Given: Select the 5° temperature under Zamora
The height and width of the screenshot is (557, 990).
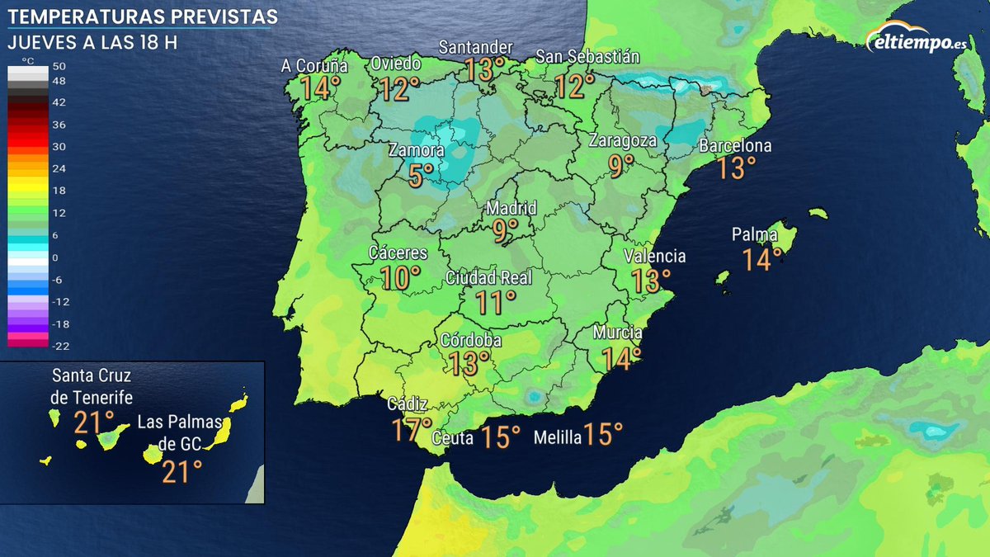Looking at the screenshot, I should click(421, 175).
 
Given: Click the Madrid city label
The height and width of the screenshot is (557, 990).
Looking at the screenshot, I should click(511, 208).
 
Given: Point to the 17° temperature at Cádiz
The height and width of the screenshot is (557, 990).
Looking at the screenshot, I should click(412, 430).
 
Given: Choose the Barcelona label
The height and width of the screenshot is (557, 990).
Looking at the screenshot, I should click(735, 147).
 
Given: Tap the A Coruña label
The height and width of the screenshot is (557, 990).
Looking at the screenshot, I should click(314, 67).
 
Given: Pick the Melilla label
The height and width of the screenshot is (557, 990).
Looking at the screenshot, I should click(558, 437).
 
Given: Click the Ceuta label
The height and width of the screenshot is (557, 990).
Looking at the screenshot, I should click(452, 438).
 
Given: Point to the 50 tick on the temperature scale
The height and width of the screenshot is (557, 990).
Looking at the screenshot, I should click(59, 66).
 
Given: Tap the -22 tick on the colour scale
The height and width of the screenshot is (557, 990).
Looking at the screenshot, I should click(60, 345).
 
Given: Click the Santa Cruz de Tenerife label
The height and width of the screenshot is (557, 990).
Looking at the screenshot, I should click(92, 386).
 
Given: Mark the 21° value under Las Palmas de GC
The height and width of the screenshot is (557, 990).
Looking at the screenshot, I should click(181, 473).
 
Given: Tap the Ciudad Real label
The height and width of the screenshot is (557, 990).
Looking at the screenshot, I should click(489, 278).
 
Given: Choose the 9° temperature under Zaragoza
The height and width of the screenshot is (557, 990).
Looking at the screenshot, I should click(621, 165).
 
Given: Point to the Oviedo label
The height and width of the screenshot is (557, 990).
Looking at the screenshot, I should click(396, 64).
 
